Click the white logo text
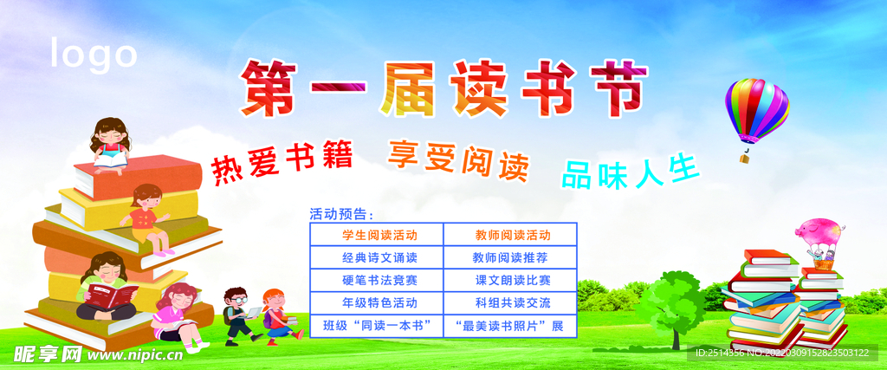pyautogui.click(x=94, y=55)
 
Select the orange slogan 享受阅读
pyautogui.click(x=457, y=159)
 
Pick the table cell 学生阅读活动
pyautogui.click(x=378, y=235)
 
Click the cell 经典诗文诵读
pyautogui.click(x=378, y=257)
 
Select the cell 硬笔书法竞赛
pyautogui.click(x=378, y=280)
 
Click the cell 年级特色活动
pyautogui.click(x=378, y=302)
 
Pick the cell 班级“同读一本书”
pyautogui.click(x=378, y=326)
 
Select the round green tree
pyautogui.click(x=674, y=299)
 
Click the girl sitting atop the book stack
pyautogui.click(x=111, y=143)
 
